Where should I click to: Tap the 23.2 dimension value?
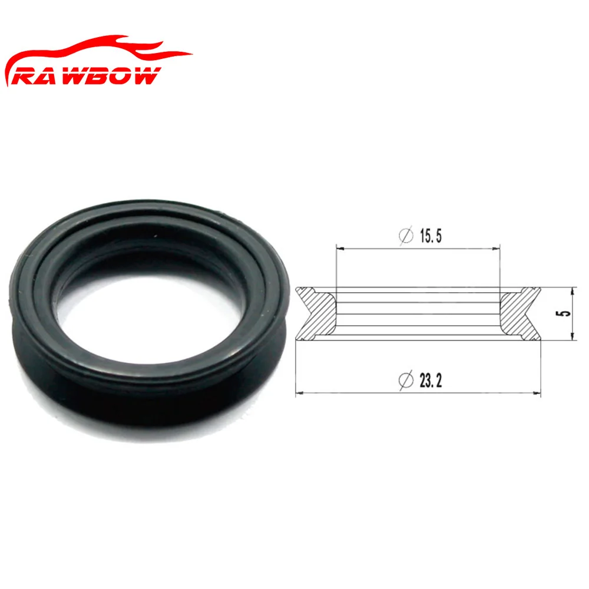431,380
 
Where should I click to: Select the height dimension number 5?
567,313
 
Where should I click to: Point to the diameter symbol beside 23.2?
406,380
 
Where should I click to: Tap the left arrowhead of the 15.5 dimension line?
339,248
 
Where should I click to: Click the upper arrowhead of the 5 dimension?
573,290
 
